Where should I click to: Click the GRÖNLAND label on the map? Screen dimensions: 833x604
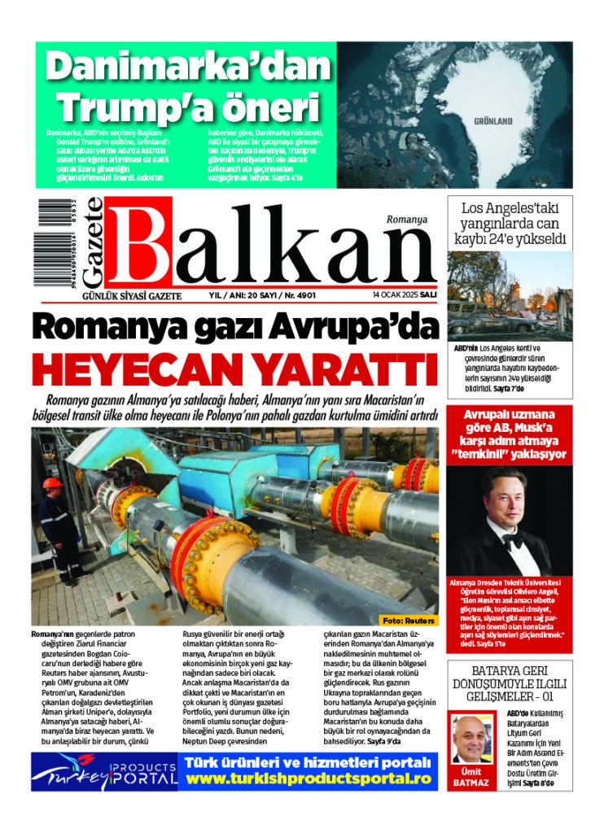[492, 121]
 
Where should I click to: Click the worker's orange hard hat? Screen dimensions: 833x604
[52, 483]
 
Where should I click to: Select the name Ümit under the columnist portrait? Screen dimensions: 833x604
[471, 770]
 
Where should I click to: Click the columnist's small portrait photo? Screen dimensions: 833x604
[472, 738]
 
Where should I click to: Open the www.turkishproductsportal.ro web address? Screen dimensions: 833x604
[307, 778]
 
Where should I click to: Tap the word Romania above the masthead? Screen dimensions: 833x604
[407, 220]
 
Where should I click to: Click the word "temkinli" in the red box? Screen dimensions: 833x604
[489, 454]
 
